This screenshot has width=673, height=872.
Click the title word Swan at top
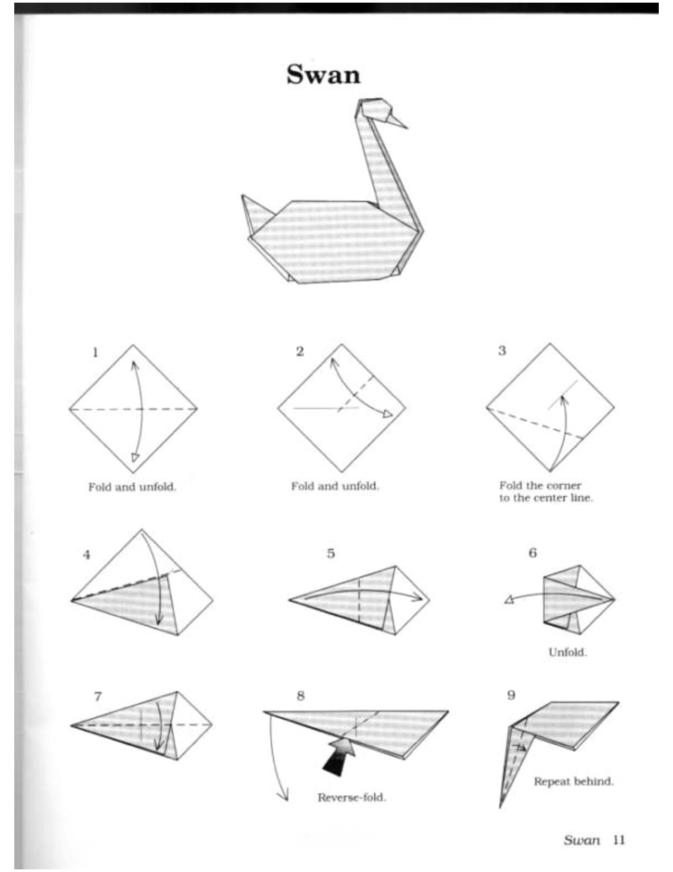(323, 75)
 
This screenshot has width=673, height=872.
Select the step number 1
(95, 352)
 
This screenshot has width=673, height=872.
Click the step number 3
(502, 350)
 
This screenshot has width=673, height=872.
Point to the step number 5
(330, 553)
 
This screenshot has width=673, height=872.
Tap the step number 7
(98, 697)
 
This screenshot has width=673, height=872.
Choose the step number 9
(511, 695)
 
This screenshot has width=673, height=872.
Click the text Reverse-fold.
(352, 797)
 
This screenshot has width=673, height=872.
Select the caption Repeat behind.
(573, 781)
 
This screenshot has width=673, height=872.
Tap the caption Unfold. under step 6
(567, 652)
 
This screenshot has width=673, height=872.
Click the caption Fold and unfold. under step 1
(132, 487)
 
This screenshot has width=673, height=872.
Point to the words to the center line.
(546, 498)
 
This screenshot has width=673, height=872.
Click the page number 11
(619, 840)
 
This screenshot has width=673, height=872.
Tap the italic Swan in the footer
(582, 840)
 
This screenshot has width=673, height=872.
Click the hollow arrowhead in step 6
(509, 599)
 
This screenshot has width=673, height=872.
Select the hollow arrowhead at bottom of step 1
(135, 457)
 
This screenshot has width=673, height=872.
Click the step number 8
(300, 695)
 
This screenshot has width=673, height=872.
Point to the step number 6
(533, 553)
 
